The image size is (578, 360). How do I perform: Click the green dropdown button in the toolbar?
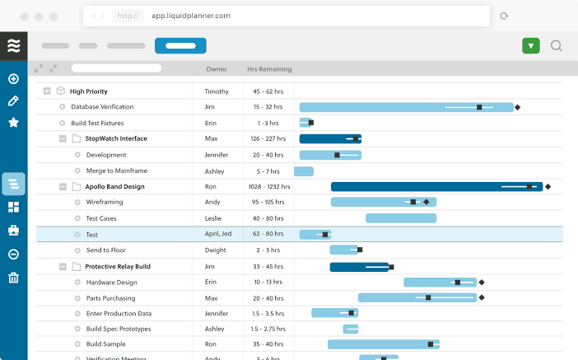pos(530,46)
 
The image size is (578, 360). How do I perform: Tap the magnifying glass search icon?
pos(557,46)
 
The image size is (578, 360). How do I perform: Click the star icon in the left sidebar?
pos(13,122)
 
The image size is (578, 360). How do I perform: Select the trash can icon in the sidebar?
pos(13,278)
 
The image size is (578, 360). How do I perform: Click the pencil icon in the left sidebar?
pos(13,101)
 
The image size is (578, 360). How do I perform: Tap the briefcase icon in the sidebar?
pos(13,230)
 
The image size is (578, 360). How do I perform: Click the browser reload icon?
pos(503,16)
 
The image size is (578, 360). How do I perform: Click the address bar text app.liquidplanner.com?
pos(190,16)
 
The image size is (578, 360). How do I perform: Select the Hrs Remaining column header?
pos(269,69)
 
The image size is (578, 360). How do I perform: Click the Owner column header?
pos(216,69)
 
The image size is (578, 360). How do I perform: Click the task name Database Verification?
pos(102,107)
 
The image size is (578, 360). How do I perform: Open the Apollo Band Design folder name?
pos(114,187)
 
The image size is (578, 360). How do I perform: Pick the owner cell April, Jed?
pos(218,235)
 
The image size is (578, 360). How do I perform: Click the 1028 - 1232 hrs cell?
pos(268,187)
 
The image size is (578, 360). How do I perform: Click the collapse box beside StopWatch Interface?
pos(63,139)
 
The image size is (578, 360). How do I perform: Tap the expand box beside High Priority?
pos(47,91)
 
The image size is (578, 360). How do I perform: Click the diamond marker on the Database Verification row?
pos(517,107)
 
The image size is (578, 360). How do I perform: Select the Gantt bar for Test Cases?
pos(400,218)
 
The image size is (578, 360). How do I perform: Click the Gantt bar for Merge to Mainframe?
pos(304,171)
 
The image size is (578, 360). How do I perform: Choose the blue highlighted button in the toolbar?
pos(180,46)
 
